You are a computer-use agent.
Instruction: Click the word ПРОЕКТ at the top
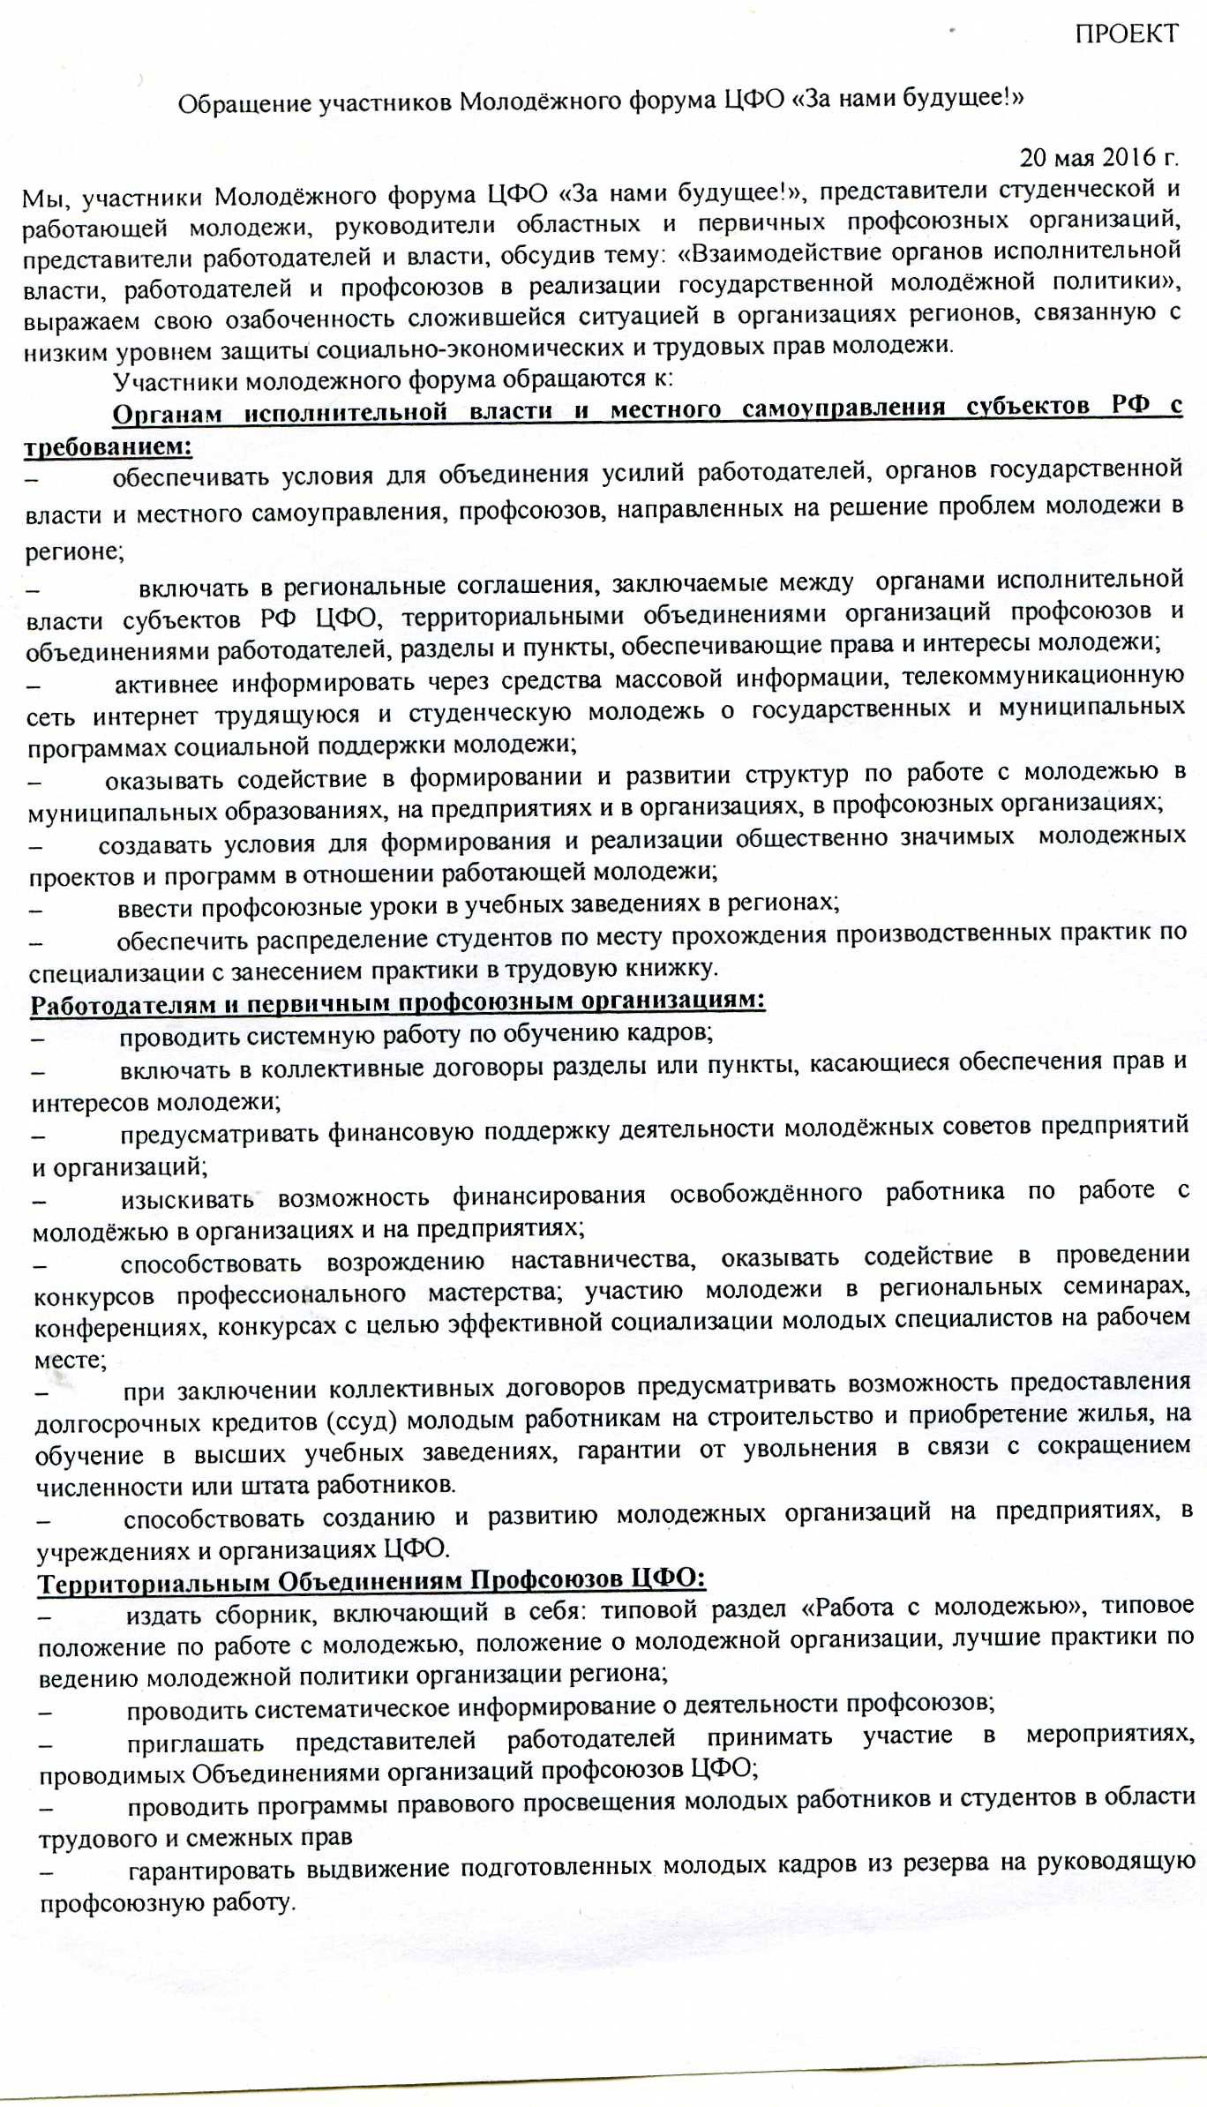pyautogui.click(x=1126, y=34)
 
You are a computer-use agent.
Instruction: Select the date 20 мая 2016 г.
pyautogui.click(x=1098, y=158)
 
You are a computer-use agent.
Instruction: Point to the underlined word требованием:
pyautogui.click(x=108, y=446)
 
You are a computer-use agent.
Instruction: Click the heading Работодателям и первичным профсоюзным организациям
pyautogui.click(x=397, y=1002)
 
